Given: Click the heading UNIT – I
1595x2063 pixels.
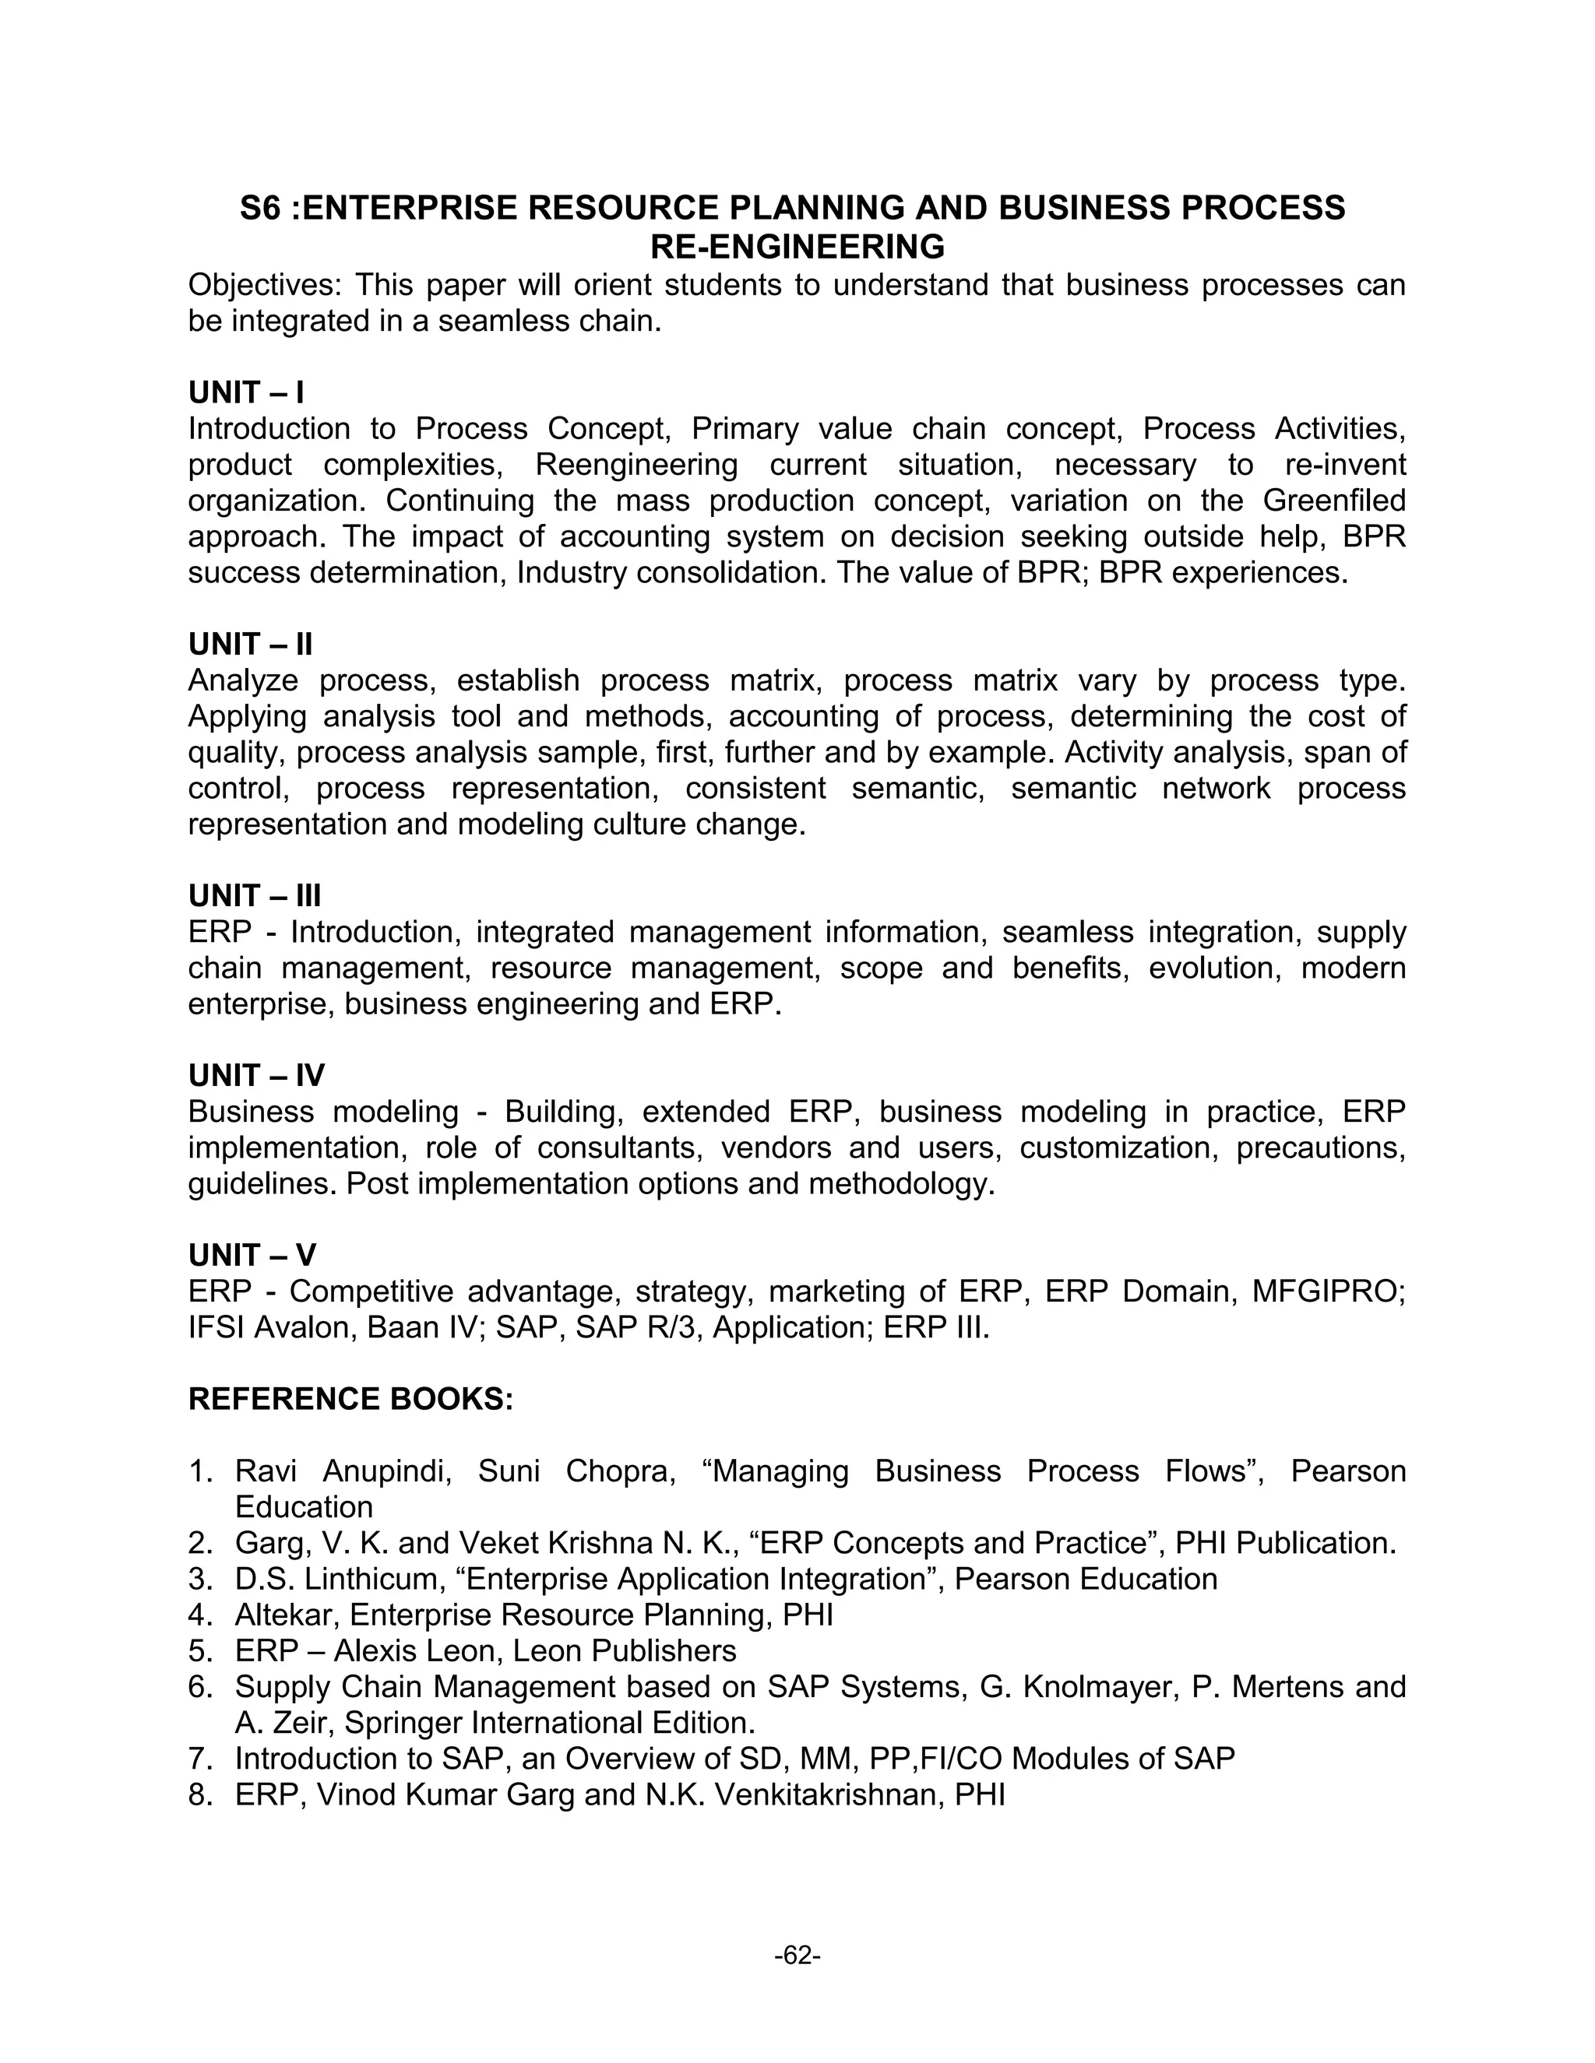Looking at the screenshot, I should [245, 392].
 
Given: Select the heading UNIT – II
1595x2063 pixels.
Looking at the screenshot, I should [251, 645].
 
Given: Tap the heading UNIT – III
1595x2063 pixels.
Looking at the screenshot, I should [255, 895].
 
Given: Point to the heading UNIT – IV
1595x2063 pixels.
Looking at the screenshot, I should [256, 1075].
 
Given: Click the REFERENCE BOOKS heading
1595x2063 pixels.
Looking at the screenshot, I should [350, 1399].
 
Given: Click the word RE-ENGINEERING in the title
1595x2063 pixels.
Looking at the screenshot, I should [797, 247].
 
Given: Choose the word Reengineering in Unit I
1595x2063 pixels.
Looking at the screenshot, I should [636, 465].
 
